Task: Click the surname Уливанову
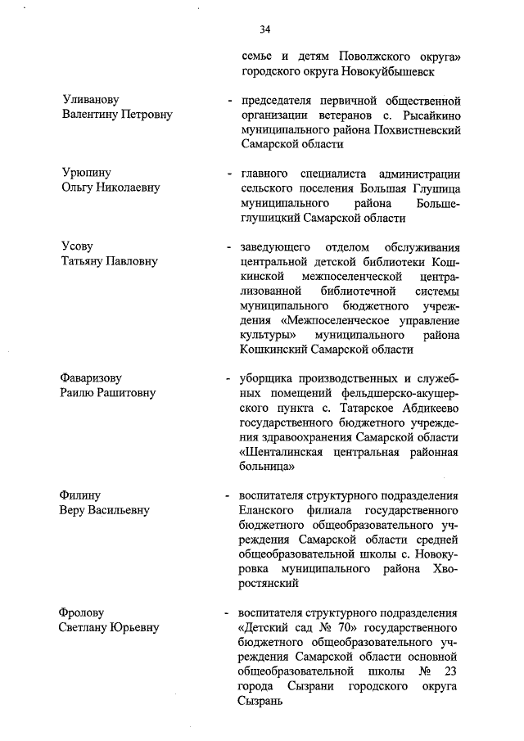click(91, 100)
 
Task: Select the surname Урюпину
click(86, 173)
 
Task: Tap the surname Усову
click(78, 246)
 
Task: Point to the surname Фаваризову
click(91, 378)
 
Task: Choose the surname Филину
click(80, 495)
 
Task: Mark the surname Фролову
click(84, 613)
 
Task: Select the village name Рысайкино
click(423, 115)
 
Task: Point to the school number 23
click(449, 672)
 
